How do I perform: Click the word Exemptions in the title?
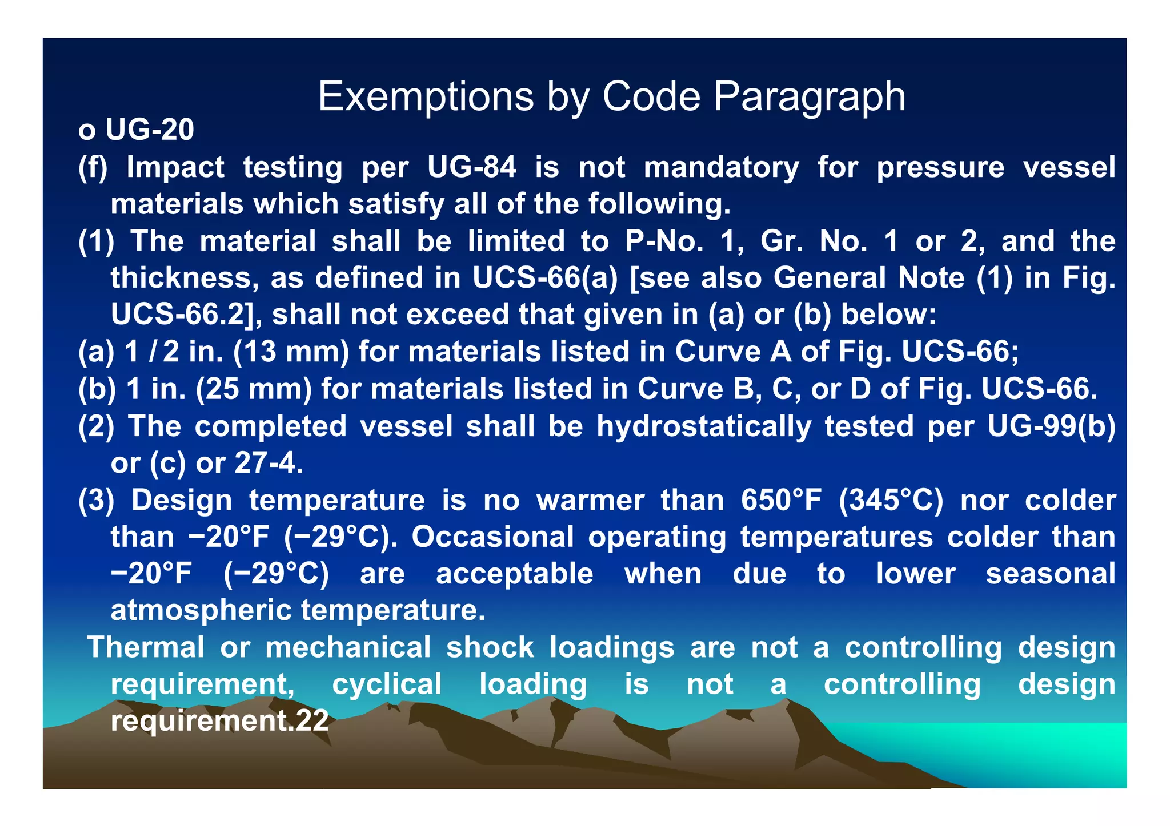click(x=426, y=97)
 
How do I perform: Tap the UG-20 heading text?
click(x=150, y=130)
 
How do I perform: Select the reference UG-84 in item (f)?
click(x=471, y=167)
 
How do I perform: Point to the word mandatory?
click(x=721, y=167)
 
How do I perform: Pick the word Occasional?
click(x=492, y=537)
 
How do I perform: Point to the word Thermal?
click(x=145, y=647)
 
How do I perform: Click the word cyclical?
click(x=387, y=684)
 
